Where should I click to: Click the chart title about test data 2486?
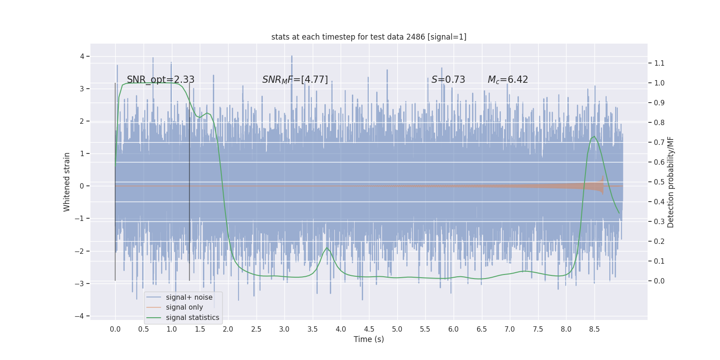(369, 37)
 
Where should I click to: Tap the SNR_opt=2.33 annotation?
(161, 80)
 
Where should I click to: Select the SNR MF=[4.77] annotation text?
(295, 80)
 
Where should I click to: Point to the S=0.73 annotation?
(448, 80)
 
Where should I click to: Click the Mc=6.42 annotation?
(508, 80)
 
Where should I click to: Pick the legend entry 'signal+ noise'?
(189, 297)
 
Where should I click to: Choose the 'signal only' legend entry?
(184, 307)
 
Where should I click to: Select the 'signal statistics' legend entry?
(192, 318)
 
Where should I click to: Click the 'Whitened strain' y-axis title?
(67, 182)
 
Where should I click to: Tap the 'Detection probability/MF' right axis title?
(670, 182)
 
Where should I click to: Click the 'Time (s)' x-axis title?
(369, 339)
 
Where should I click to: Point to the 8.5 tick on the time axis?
(594, 329)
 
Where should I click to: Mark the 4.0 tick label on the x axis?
(341, 329)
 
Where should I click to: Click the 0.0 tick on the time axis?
(115, 329)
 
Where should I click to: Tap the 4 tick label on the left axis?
(82, 56)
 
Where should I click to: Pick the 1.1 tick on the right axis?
(659, 63)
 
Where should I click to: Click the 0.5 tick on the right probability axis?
(659, 182)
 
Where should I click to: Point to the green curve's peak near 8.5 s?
(594, 136)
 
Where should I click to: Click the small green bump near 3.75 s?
(327, 248)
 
